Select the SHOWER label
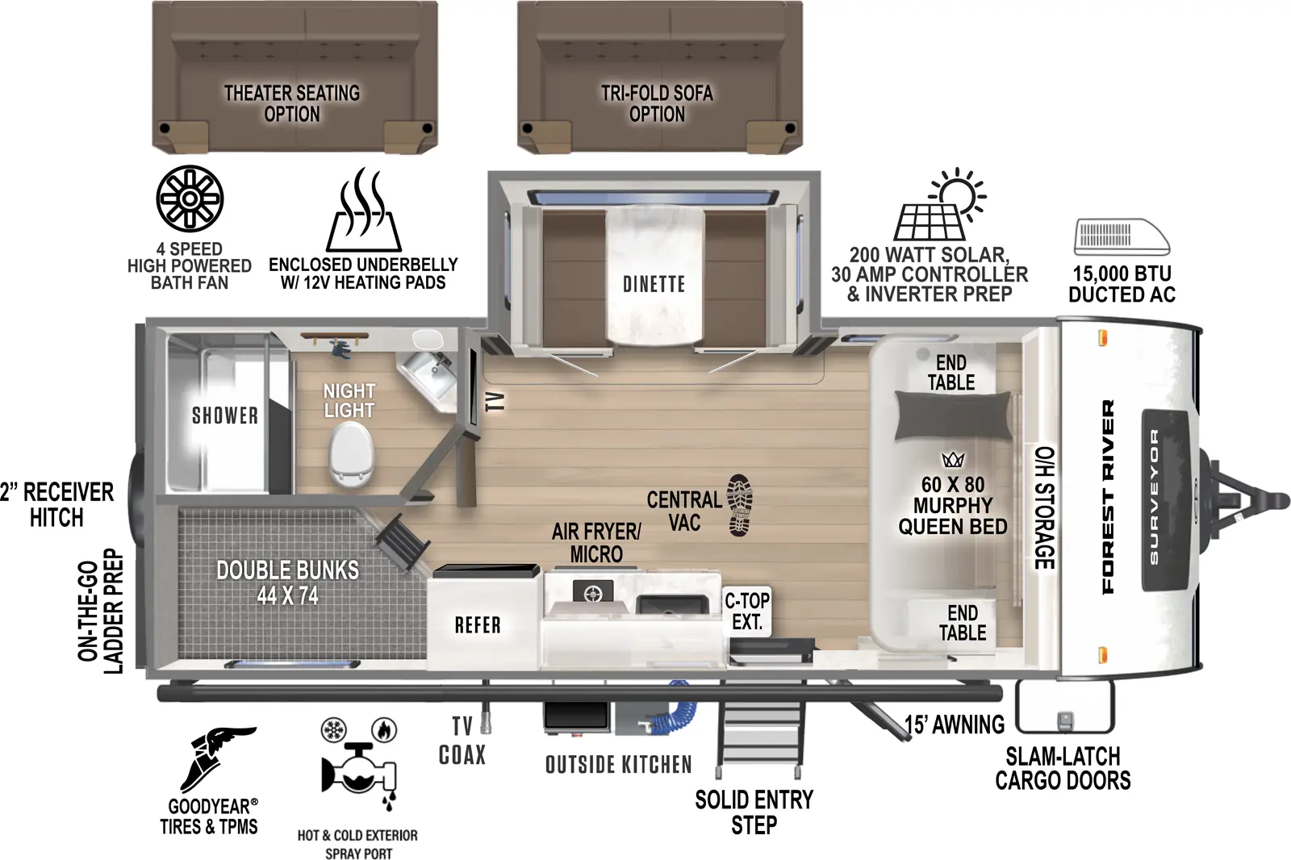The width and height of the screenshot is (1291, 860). pyautogui.click(x=225, y=415)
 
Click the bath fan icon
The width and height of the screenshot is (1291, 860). pyautogui.click(x=190, y=198)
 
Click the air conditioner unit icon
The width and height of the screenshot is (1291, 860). pyautogui.click(x=1122, y=236)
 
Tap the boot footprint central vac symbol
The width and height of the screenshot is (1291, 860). pyautogui.click(x=739, y=505)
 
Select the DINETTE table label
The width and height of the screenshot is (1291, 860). pyautogui.click(x=654, y=284)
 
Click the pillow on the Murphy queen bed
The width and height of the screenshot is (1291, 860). pyautogui.click(x=953, y=415)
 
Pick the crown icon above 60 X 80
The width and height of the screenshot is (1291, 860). pyautogui.click(x=953, y=460)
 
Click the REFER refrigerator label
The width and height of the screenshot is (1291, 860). pyautogui.click(x=478, y=625)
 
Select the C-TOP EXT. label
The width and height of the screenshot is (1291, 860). pyautogui.click(x=747, y=611)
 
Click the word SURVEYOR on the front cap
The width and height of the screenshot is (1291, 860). pyautogui.click(x=1153, y=496)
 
